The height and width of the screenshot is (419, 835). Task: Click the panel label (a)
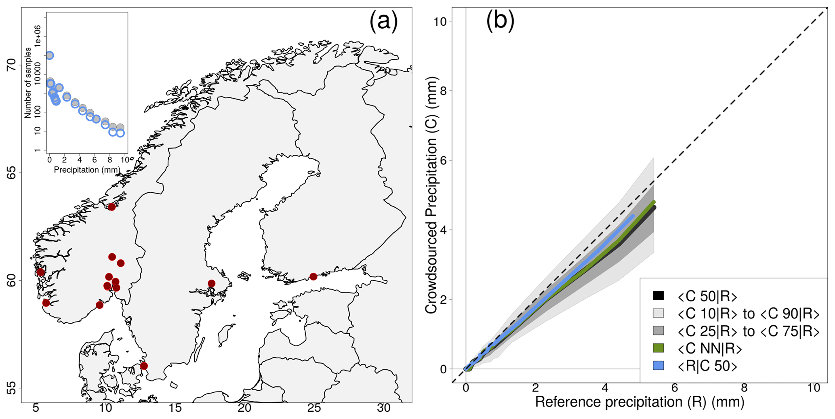point(383,22)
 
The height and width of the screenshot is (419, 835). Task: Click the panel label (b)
point(500,21)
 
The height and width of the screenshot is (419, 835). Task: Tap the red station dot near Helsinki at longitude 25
point(313,277)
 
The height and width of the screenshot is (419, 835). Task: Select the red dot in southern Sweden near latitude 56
point(144,366)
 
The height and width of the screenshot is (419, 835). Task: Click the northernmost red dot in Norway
point(111,207)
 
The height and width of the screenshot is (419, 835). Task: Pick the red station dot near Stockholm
point(211,284)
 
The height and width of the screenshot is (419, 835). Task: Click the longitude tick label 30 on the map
point(383,408)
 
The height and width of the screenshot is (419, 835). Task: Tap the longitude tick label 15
point(175,408)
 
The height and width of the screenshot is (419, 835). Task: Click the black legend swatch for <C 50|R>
point(658,296)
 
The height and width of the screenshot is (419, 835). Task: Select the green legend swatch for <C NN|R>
point(658,348)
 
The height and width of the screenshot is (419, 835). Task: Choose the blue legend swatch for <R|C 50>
point(658,366)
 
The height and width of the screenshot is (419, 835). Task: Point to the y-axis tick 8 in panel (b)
point(443,91)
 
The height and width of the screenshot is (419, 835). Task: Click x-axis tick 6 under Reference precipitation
point(674,388)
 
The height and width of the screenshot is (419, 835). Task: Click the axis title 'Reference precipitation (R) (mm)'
point(639,402)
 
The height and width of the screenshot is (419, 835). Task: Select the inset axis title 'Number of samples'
point(28,83)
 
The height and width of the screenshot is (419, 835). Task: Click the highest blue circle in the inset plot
point(49,55)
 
